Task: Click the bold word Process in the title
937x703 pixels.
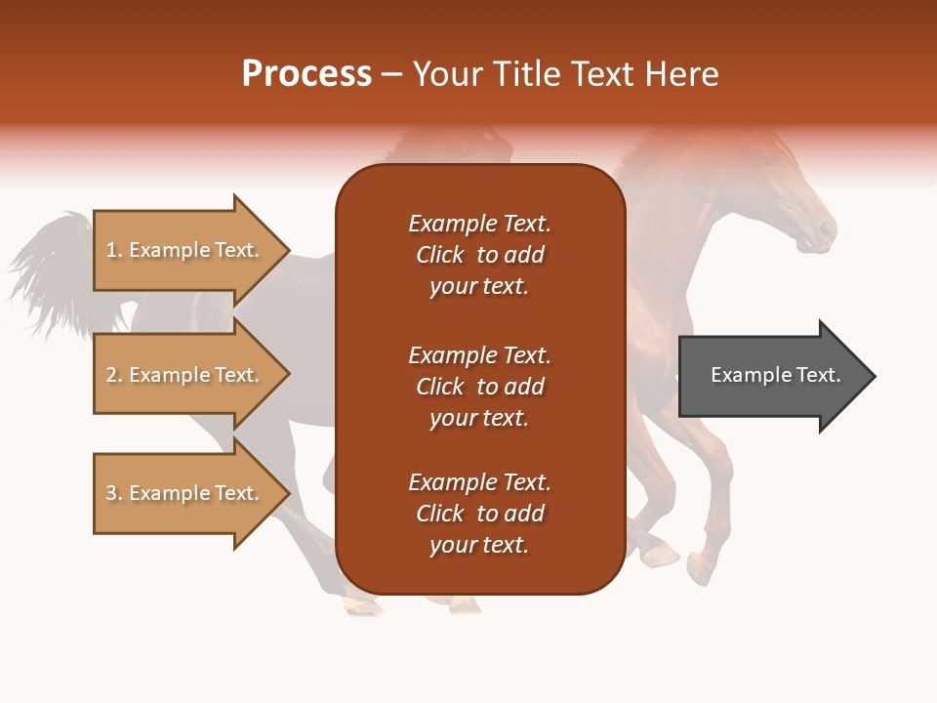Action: click(306, 74)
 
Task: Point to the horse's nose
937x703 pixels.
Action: click(827, 232)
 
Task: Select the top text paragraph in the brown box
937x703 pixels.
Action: click(479, 255)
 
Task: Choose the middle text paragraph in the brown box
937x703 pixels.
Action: click(479, 387)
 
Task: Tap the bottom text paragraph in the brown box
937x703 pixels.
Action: click(479, 514)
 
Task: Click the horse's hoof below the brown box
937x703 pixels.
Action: click(363, 606)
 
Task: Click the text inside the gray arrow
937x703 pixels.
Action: click(775, 375)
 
